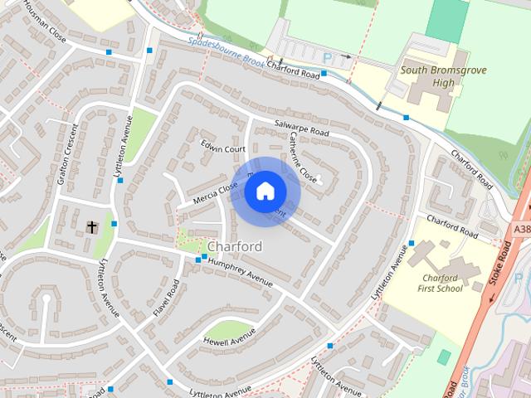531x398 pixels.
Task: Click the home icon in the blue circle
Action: pyautogui.click(x=265, y=192)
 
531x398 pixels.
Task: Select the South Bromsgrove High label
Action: pyautogui.click(x=439, y=76)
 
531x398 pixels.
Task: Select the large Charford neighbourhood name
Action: pyautogui.click(x=235, y=246)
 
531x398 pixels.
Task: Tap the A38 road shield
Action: pyautogui.click(x=522, y=229)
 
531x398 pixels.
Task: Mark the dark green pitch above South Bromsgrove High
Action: pyautogui.click(x=446, y=21)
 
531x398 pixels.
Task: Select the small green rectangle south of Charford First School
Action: pyautogui.click(x=445, y=357)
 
